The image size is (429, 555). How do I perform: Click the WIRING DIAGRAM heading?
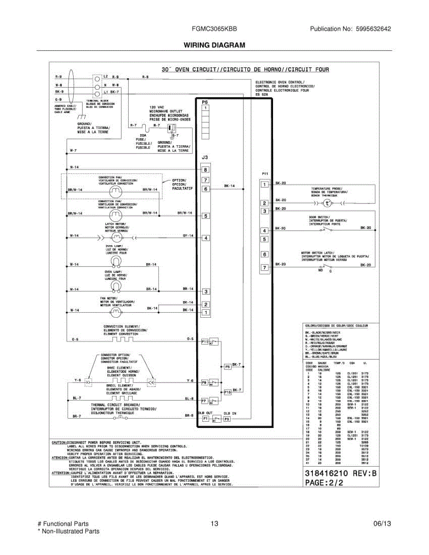(214, 45)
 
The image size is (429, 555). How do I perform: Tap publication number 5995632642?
(373, 29)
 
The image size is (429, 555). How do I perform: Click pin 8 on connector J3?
(205, 170)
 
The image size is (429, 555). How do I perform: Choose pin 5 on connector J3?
(205, 216)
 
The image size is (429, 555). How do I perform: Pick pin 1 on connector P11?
(264, 185)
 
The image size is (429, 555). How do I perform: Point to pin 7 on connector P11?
(264, 267)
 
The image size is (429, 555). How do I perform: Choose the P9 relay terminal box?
(205, 383)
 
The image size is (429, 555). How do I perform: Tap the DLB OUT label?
(205, 413)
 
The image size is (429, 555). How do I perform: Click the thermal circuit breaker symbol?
(119, 417)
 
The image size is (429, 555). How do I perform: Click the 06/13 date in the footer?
(382, 524)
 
